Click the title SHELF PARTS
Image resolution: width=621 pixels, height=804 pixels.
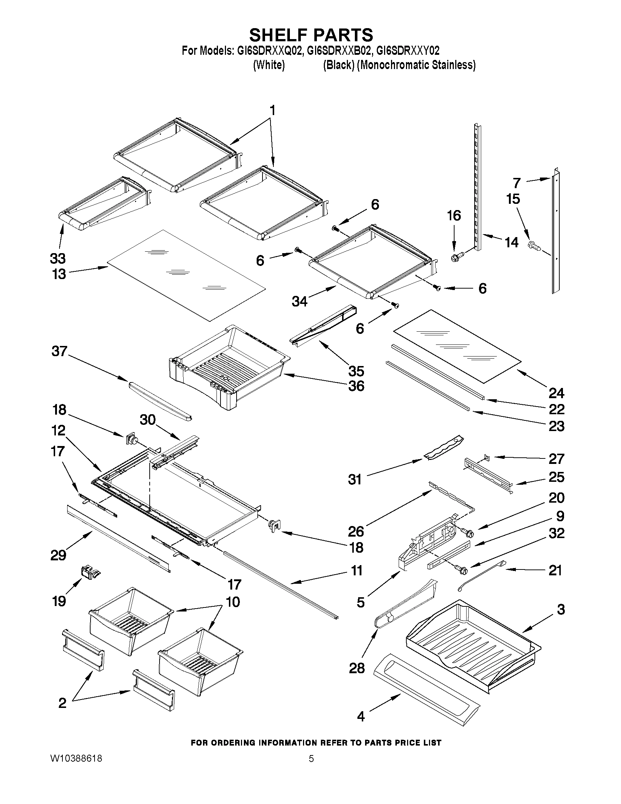pos(311,35)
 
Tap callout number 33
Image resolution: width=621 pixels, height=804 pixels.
pos(58,258)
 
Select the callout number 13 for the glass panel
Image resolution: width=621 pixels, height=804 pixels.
pos(59,274)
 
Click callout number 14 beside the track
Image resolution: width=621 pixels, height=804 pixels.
pos(511,242)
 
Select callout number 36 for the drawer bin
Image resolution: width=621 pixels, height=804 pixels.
pos(356,386)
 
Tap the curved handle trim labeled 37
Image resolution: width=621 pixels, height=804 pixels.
pos(160,400)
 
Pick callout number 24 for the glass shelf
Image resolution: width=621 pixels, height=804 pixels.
pos(556,393)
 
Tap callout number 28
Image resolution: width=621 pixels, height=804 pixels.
pos(356,668)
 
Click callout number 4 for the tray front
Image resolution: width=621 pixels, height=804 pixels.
pos(361,716)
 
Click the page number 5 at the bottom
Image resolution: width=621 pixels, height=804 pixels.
pos(311,759)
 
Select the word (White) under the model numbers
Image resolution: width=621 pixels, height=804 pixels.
pos(269,65)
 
